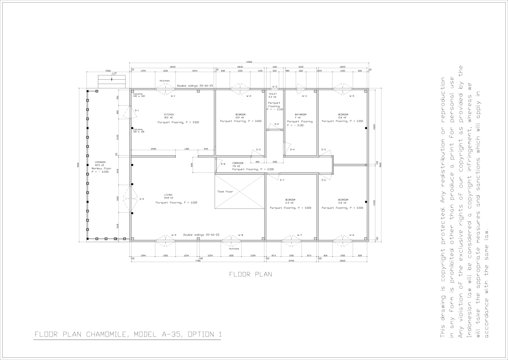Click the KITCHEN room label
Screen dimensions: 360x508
169,115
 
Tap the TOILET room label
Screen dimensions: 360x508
272,94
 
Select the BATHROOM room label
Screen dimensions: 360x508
300,115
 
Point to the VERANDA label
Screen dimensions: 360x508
100,162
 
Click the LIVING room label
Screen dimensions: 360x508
168,195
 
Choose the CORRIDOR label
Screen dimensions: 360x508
238,163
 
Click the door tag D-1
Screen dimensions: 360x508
137,111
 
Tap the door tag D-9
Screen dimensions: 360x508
142,199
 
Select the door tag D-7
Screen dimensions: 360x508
282,180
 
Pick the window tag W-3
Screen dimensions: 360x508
275,87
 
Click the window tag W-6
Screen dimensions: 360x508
352,235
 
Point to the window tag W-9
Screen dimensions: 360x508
174,235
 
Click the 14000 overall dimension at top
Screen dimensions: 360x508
249,62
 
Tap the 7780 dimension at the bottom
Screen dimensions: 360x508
198,261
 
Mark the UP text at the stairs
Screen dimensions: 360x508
114,74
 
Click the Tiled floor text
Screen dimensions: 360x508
225,191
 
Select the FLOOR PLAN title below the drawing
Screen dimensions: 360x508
251,274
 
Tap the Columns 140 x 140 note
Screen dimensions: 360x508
139,95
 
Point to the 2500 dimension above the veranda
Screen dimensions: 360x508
108,71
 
